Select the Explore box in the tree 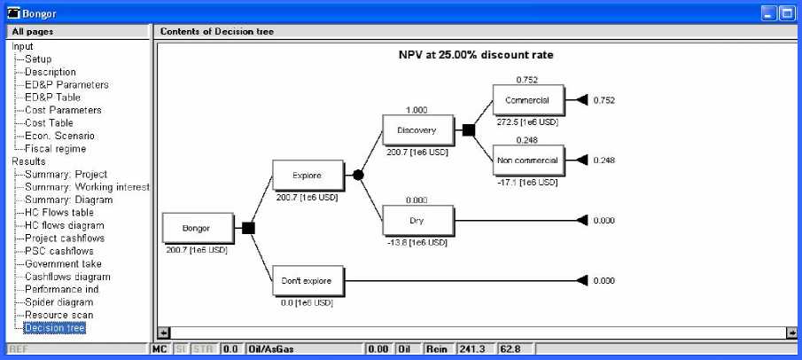[x=307, y=176]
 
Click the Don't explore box [x=307, y=281]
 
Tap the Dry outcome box [x=417, y=220]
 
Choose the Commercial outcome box [x=527, y=100]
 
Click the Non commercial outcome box [x=527, y=160]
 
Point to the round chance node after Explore [x=359, y=176]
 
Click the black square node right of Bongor [x=249, y=228]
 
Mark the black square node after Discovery [x=469, y=130]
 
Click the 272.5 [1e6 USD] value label [x=527, y=121]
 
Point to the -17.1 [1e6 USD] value [x=527, y=182]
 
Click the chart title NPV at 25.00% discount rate [x=476, y=55]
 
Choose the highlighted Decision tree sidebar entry [x=55, y=328]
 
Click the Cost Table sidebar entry [x=49, y=123]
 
